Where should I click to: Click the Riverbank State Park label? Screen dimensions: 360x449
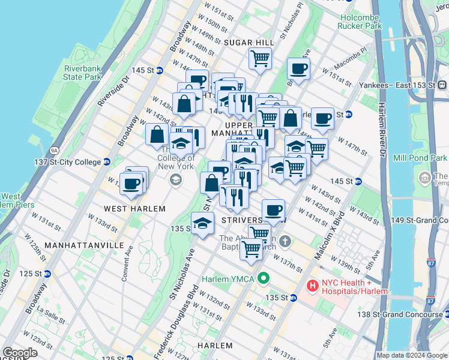pos(83,73)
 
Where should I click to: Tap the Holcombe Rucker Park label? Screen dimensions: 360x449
pos(360,22)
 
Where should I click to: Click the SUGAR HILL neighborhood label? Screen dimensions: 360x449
pos(249,43)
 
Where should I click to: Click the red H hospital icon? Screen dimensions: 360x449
pos(312,287)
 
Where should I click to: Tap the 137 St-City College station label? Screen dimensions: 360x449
pos(68,161)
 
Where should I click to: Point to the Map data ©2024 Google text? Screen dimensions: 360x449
pos(412,355)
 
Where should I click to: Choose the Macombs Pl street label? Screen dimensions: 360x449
pos(351,58)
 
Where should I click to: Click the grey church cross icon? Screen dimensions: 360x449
pos(285,242)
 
